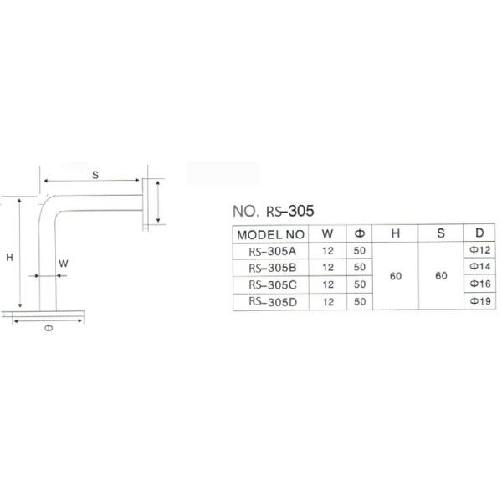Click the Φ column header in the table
[359, 234]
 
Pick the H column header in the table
[394, 234]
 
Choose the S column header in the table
[440, 234]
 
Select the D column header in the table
[479, 234]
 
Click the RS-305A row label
[273, 250]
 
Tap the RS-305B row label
[273, 267]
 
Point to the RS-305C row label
[273, 284]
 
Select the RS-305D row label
[273, 301]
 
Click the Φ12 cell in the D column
[479, 250]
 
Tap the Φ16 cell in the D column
[479, 284]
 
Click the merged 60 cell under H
[394, 275]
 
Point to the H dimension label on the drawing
[9, 259]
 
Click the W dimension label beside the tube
[64, 263]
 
